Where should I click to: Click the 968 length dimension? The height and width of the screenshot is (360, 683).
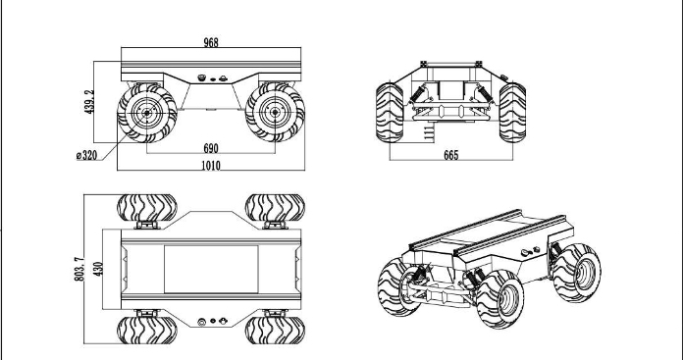pos(211,42)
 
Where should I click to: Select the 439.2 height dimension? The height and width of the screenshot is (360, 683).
pos(89,102)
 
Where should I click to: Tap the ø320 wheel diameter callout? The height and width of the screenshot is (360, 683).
pos(86,155)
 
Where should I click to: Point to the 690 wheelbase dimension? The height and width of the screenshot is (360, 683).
pos(211,148)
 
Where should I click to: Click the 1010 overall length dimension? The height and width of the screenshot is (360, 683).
pos(211,166)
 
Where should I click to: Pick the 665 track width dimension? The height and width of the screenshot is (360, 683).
pos(450,155)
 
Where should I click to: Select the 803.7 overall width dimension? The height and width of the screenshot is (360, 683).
pos(79,269)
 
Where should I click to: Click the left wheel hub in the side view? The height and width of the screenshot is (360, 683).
pos(147,113)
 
